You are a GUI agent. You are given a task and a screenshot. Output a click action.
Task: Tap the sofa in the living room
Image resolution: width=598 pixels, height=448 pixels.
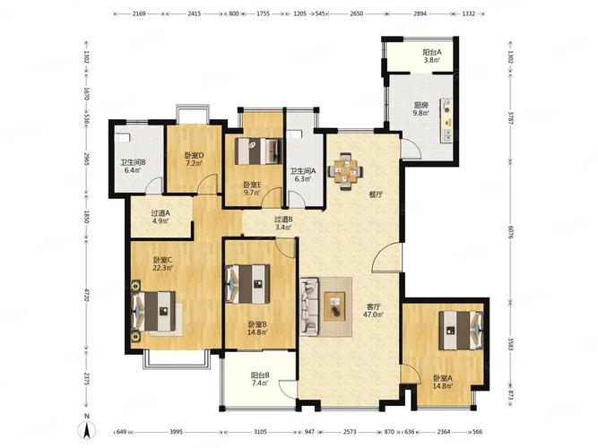(x=309, y=307)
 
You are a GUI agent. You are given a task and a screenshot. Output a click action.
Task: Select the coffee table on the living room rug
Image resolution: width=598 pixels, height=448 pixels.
(x=334, y=306)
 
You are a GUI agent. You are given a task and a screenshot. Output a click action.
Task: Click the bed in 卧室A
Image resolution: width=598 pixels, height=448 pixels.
(x=461, y=331)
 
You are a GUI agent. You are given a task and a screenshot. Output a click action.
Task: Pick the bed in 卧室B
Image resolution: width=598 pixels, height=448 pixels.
(x=247, y=284)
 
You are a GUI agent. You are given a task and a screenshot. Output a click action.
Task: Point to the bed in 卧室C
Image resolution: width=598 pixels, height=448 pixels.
(x=154, y=311)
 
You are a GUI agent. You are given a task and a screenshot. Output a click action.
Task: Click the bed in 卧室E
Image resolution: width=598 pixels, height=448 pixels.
(x=258, y=151)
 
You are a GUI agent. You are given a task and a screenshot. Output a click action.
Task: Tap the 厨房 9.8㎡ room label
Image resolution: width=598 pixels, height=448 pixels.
(x=421, y=109)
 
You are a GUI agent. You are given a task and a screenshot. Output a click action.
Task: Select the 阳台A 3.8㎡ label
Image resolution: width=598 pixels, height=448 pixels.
(x=432, y=56)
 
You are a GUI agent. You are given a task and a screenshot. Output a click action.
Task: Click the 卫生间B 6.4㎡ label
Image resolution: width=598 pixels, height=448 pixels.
(x=133, y=166)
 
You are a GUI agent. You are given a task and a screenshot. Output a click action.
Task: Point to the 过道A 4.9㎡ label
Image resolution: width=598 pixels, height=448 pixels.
(x=160, y=217)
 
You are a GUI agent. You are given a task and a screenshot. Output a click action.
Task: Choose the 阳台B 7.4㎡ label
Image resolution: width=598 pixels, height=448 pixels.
(x=261, y=379)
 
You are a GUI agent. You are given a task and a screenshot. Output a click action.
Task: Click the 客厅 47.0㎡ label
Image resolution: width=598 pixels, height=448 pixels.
(x=374, y=310)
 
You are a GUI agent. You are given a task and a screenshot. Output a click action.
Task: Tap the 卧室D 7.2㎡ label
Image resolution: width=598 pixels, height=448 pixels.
(x=195, y=159)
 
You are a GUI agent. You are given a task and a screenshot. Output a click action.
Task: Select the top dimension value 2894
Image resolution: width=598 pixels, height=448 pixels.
(x=420, y=13)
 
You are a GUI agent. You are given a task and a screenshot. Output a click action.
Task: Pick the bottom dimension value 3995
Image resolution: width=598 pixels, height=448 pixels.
(x=177, y=432)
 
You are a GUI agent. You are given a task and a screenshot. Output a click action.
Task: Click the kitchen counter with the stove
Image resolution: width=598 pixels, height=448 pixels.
(x=447, y=121)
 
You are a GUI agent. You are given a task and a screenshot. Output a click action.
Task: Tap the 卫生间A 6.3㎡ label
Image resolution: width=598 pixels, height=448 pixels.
(x=303, y=175)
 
